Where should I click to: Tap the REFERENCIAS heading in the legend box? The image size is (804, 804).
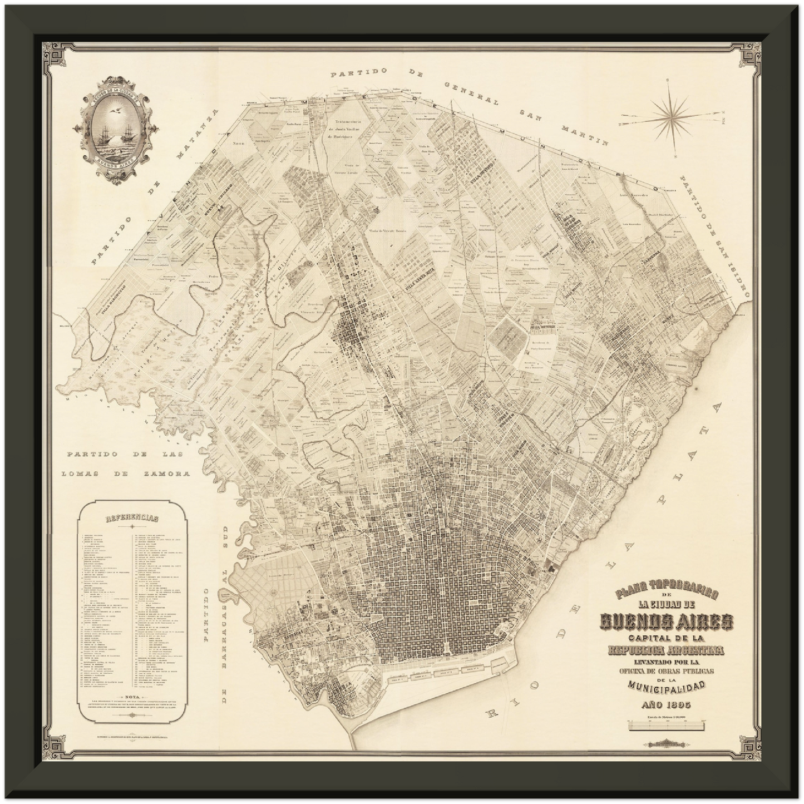click(x=132, y=517)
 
